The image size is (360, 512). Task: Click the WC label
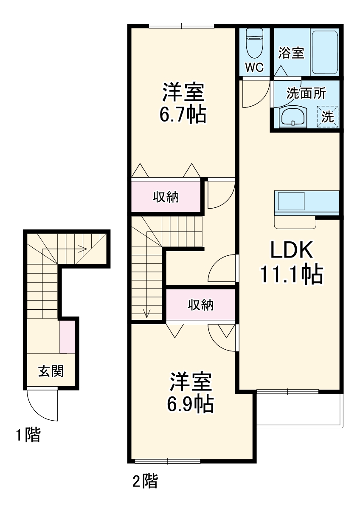coord(254,67)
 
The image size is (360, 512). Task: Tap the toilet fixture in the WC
coord(255,42)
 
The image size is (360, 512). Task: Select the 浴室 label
coord(291,53)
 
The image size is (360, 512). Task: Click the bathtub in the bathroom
coord(325,51)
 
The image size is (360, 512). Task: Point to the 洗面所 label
coord(306,93)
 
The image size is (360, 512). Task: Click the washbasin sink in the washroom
coord(292,117)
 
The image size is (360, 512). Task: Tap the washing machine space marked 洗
coord(328,116)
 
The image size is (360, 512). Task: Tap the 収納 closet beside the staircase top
coord(166,197)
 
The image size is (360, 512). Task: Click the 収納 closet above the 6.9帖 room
coord(200,305)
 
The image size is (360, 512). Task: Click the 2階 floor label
coord(145,482)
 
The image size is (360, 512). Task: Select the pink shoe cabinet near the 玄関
coord(67,337)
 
